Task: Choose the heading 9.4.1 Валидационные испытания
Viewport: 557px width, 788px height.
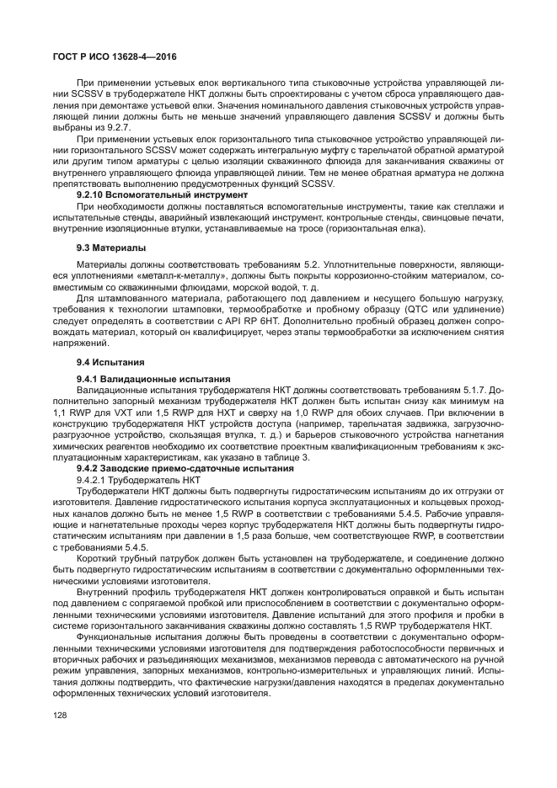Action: [x=142, y=380]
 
